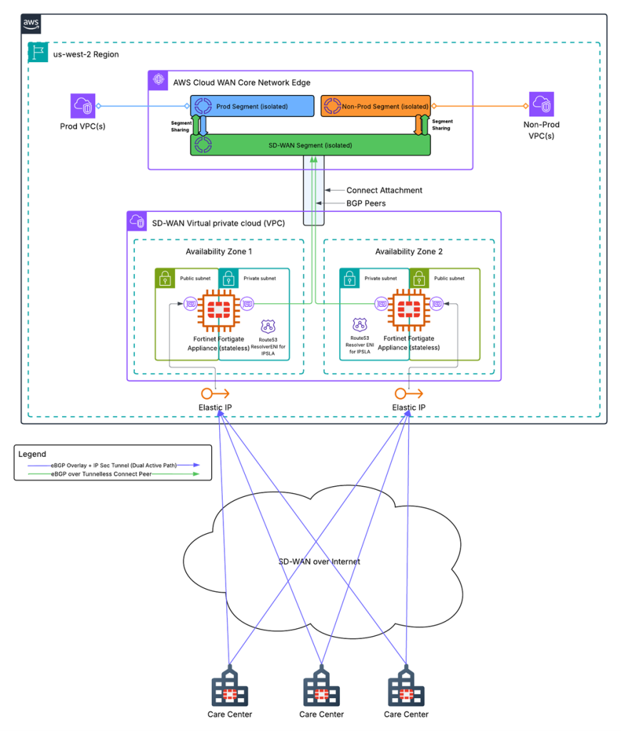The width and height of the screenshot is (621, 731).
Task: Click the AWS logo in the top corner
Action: click(31, 24)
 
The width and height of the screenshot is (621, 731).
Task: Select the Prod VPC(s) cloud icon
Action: click(84, 106)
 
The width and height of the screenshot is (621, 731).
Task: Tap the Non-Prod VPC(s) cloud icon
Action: click(540, 106)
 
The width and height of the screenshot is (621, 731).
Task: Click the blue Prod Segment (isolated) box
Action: click(251, 106)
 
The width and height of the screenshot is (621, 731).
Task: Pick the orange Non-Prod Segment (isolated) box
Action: click(375, 106)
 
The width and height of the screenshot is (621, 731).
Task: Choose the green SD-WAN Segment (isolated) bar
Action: click(310, 145)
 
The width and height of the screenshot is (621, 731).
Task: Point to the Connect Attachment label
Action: click(384, 190)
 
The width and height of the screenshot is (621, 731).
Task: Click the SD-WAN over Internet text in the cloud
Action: click(319, 562)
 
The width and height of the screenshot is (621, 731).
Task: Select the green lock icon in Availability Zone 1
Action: click(165, 278)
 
